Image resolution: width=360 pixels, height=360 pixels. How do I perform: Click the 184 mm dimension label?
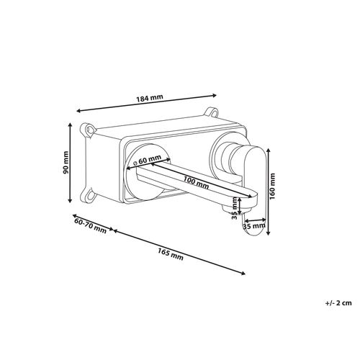150,98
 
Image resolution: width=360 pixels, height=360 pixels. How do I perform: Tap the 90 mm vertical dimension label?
66,162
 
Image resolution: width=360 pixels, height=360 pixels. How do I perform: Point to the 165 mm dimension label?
171,254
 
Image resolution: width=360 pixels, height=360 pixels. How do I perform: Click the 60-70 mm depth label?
90,225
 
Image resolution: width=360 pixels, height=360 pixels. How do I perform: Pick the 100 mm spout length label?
196,182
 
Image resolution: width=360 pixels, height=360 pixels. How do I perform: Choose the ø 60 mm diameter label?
147,160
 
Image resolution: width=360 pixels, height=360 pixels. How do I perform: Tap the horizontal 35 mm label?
254,226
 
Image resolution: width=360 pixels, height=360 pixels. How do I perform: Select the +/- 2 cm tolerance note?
338,303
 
